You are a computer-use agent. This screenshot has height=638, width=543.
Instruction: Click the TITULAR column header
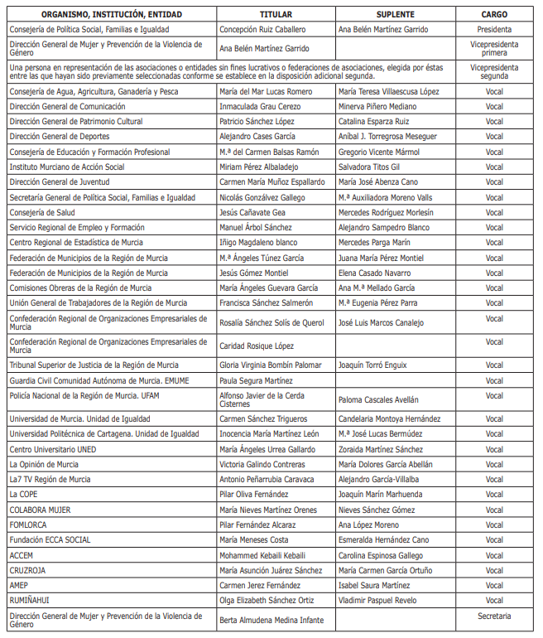[x=276, y=15]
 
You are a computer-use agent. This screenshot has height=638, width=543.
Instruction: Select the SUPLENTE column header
[x=395, y=15]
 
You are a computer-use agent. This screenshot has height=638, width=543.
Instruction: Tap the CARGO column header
[x=494, y=15]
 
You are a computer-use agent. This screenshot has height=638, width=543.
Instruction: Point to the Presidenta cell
[x=494, y=29]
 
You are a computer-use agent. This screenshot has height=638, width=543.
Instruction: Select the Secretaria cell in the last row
[x=494, y=616]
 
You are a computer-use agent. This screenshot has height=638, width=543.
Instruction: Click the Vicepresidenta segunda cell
[x=494, y=72]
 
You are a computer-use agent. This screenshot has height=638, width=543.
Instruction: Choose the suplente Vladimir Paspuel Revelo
[x=380, y=600]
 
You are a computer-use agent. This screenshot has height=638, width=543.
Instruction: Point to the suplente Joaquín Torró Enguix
[x=372, y=365]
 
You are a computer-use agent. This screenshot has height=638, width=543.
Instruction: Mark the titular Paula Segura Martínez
[x=256, y=380]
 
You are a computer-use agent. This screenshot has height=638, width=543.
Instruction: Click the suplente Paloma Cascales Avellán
[x=379, y=399]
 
